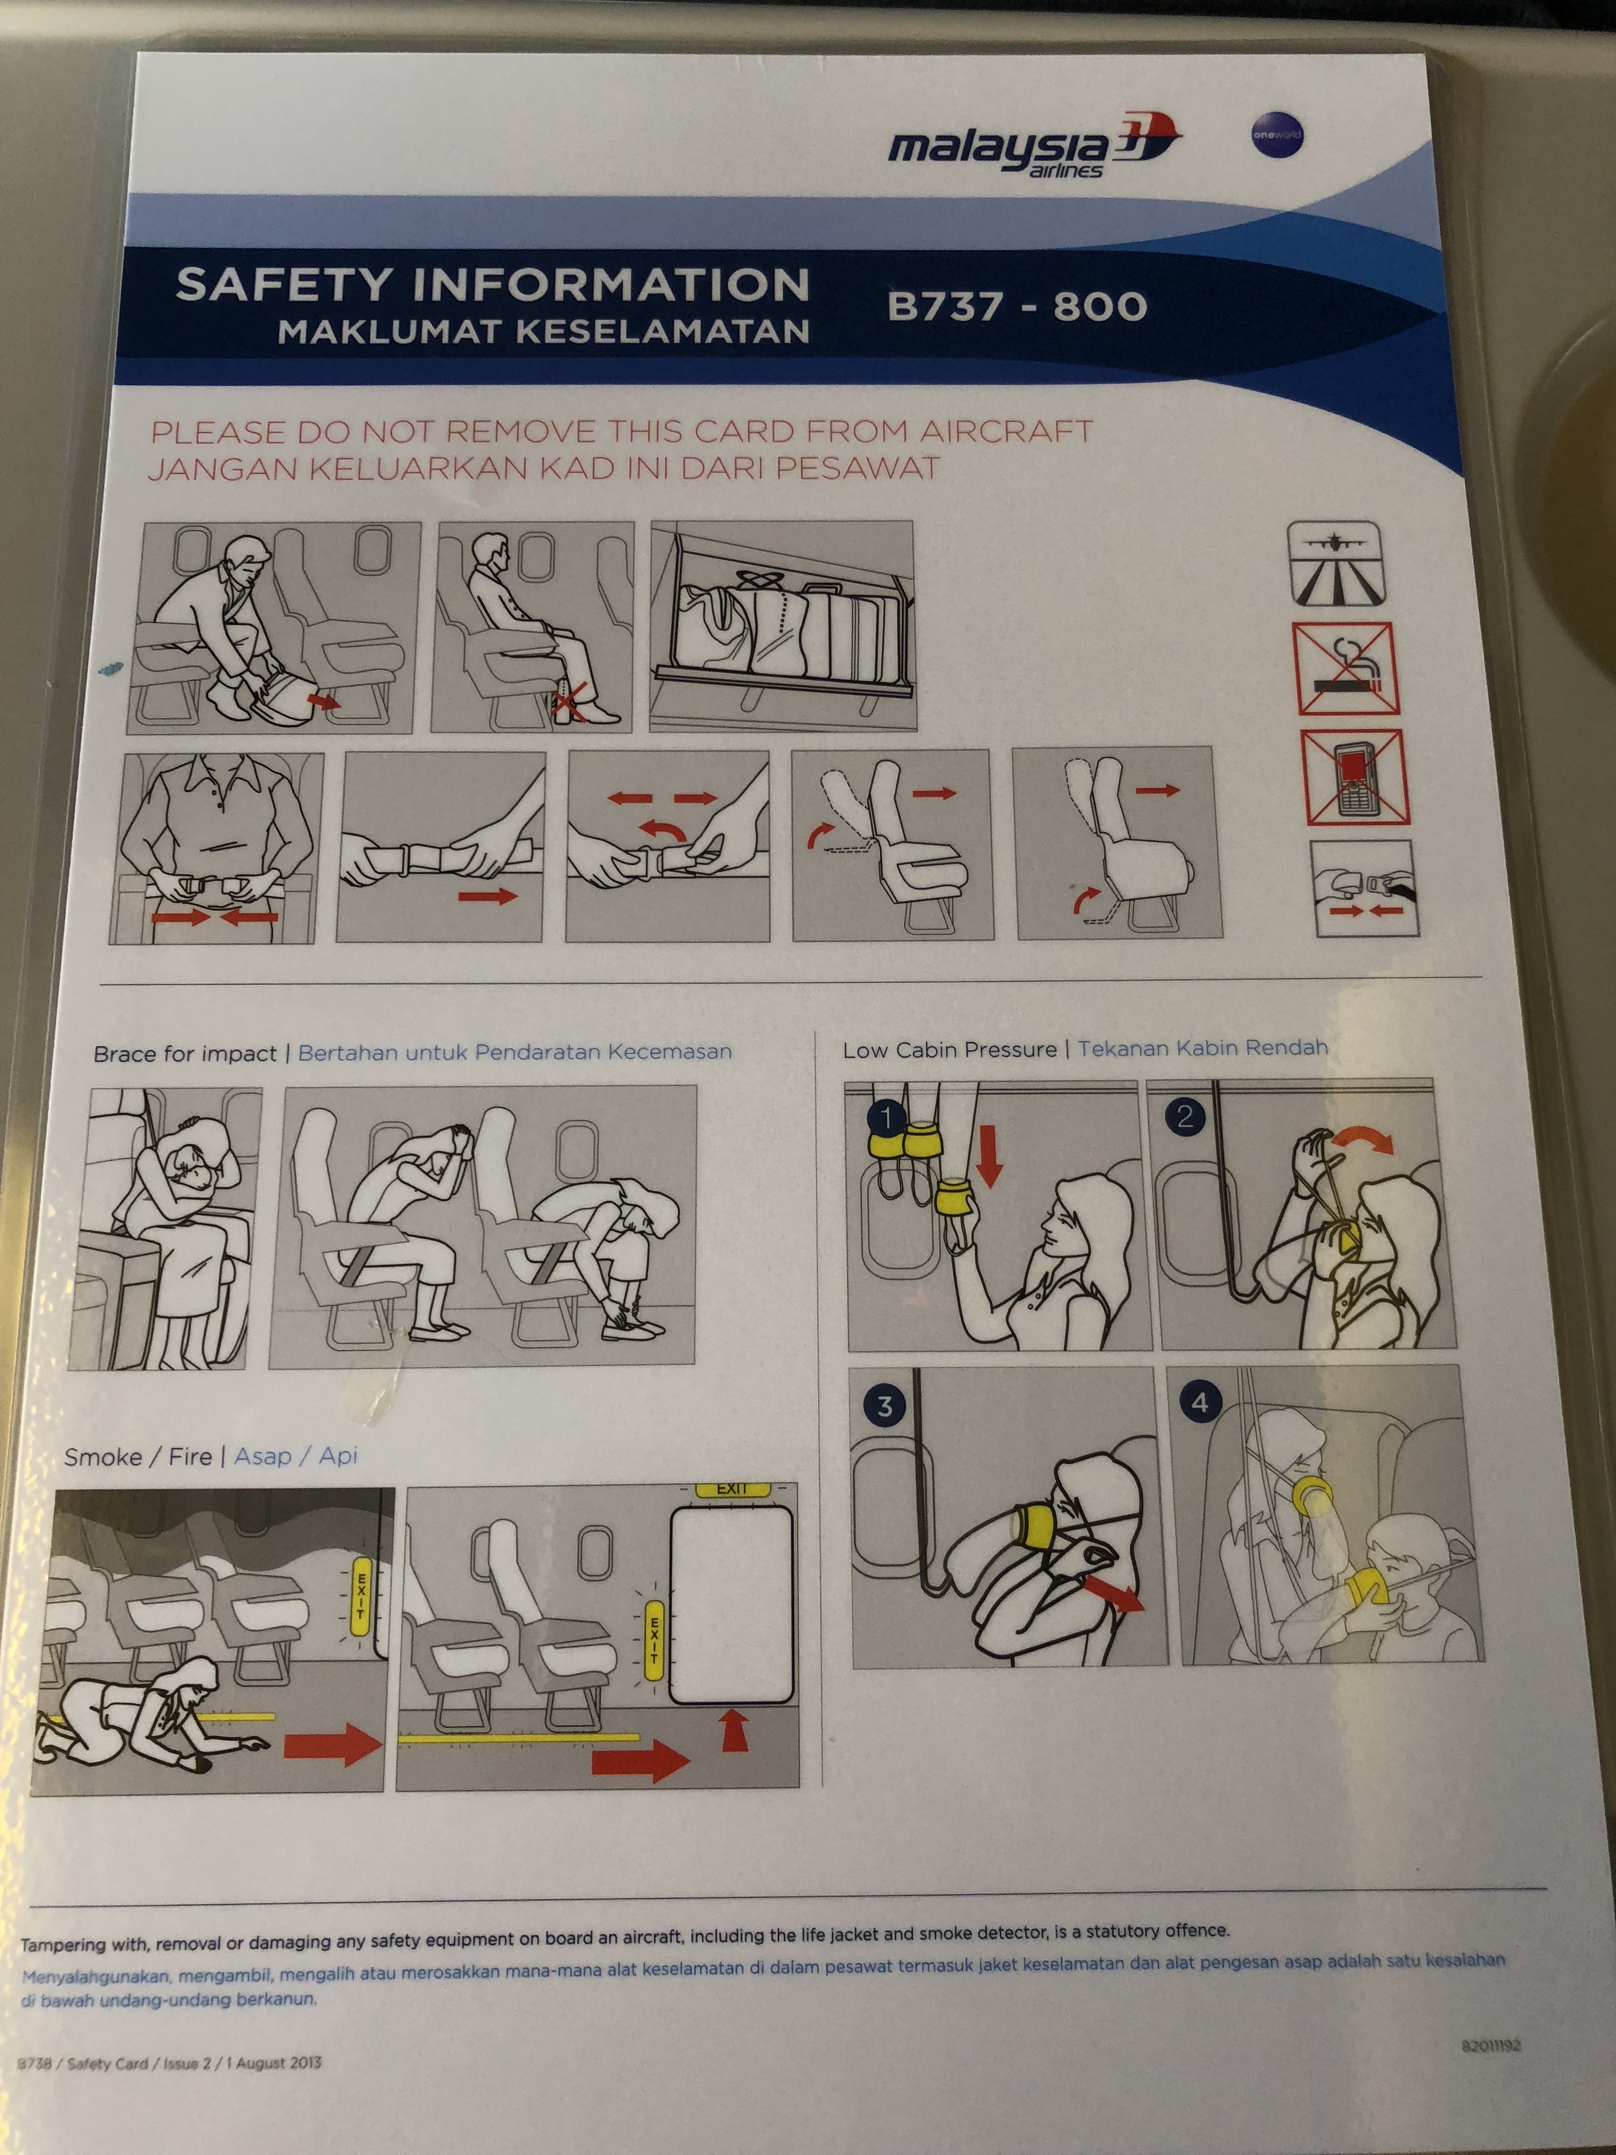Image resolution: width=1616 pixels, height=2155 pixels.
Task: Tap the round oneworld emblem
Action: point(1277,136)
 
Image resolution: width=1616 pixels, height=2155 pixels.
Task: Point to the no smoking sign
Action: point(1345,668)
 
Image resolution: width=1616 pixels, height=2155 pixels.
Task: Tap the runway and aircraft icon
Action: point(1335,563)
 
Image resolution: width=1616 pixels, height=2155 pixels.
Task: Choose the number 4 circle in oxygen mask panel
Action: point(1199,1402)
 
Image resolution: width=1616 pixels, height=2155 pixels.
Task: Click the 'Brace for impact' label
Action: point(185,1054)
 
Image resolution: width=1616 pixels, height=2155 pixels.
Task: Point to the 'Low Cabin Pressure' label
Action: point(950,1049)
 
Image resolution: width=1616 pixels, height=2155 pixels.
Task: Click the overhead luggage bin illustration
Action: point(783,625)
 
